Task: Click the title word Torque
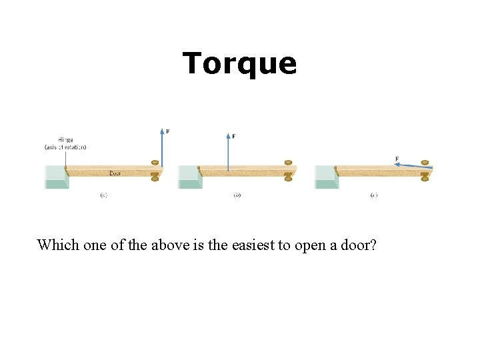pos(239,63)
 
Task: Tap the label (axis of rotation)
pos(65,147)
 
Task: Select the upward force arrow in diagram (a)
pos(161,147)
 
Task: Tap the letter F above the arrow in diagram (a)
pos(167,131)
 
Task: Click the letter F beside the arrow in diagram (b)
pos(233,137)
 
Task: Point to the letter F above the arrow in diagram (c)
pos(397,159)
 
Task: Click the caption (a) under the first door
pos(104,195)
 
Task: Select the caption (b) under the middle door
pos(237,195)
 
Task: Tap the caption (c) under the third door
pos(373,195)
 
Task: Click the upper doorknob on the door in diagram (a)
pos(155,163)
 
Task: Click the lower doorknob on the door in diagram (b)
pos(288,177)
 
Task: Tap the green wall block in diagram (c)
pos(325,178)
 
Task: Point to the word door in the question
pos(361,245)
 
